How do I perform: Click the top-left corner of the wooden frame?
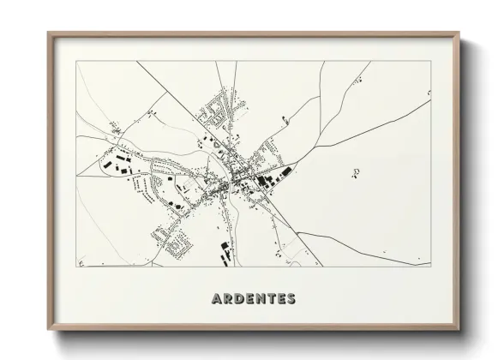coord(48,33)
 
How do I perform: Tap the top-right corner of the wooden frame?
coord(459,33)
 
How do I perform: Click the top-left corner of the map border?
coord(75,61)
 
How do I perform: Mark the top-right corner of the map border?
coord(432,61)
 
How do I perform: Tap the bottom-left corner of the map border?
coord(75,267)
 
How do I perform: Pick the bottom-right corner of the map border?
coord(432,267)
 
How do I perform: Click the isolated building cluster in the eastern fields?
coord(356,172)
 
